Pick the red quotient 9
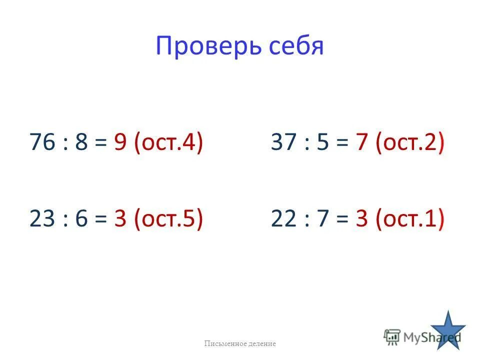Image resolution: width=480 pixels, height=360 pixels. pyautogui.click(x=120, y=143)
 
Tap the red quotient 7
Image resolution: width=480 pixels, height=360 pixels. pyautogui.click(x=361, y=143)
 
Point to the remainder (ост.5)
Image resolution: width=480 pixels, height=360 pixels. pyautogui.click(x=168, y=219)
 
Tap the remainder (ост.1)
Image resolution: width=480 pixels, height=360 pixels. pyautogui.click(x=409, y=219)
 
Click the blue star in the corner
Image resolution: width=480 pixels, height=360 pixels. pyautogui.click(x=448, y=330)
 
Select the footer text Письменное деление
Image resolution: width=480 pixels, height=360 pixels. pyautogui.click(x=239, y=343)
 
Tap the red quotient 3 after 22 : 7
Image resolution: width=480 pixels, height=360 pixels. pyautogui.click(x=361, y=218)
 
